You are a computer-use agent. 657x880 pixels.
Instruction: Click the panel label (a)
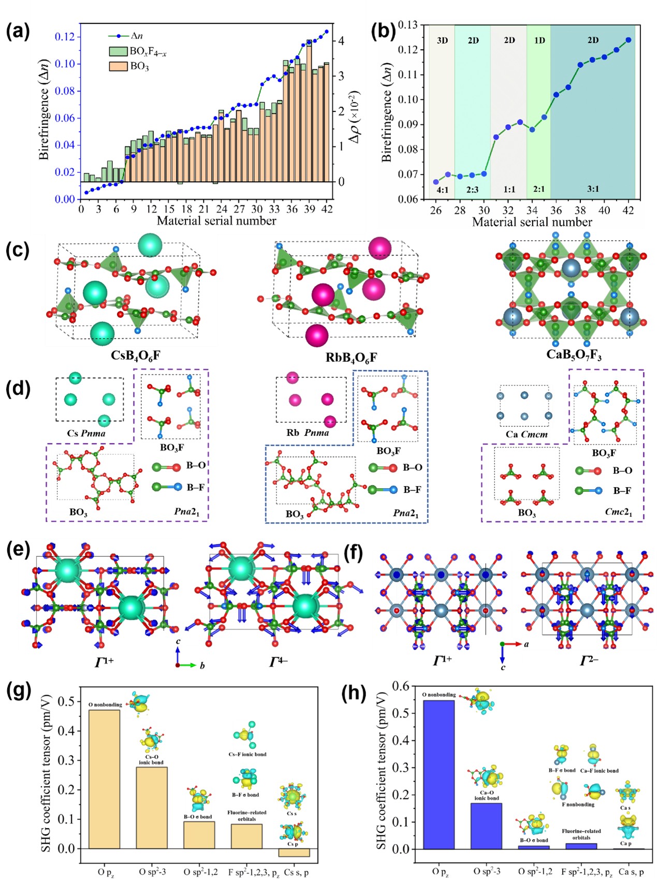18,32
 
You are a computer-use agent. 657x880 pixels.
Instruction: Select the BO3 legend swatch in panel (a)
118,66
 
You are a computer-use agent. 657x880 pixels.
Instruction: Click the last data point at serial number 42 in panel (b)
629,40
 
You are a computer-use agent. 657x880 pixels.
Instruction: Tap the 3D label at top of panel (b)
442,40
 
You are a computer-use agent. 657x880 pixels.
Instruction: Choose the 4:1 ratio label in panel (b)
442,189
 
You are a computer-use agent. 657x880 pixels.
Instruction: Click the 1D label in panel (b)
539,40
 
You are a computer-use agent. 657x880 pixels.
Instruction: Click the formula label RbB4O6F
351,357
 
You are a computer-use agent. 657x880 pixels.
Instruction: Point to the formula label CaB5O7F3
574,356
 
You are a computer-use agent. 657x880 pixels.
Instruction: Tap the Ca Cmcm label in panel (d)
527,434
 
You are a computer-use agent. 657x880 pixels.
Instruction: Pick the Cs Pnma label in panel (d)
86,433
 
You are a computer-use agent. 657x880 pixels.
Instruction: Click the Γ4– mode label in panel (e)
278,661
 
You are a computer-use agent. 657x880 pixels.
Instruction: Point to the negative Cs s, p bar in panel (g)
294,853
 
